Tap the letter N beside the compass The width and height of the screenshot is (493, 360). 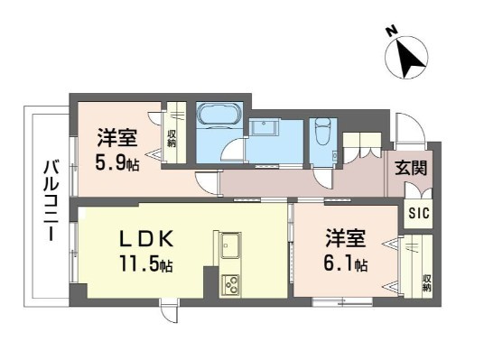pos(391,32)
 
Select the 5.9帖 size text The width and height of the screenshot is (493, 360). pos(117,164)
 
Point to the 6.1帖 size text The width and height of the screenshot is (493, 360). pos(347,264)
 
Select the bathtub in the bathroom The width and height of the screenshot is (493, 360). pos(217,116)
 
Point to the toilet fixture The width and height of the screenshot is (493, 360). pos(322,136)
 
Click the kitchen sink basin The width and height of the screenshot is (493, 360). pos(228,244)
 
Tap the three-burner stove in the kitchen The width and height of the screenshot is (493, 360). pos(228,283)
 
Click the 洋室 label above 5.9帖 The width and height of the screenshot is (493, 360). pos(117,139)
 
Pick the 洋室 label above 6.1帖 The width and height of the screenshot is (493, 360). pos(347,238)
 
